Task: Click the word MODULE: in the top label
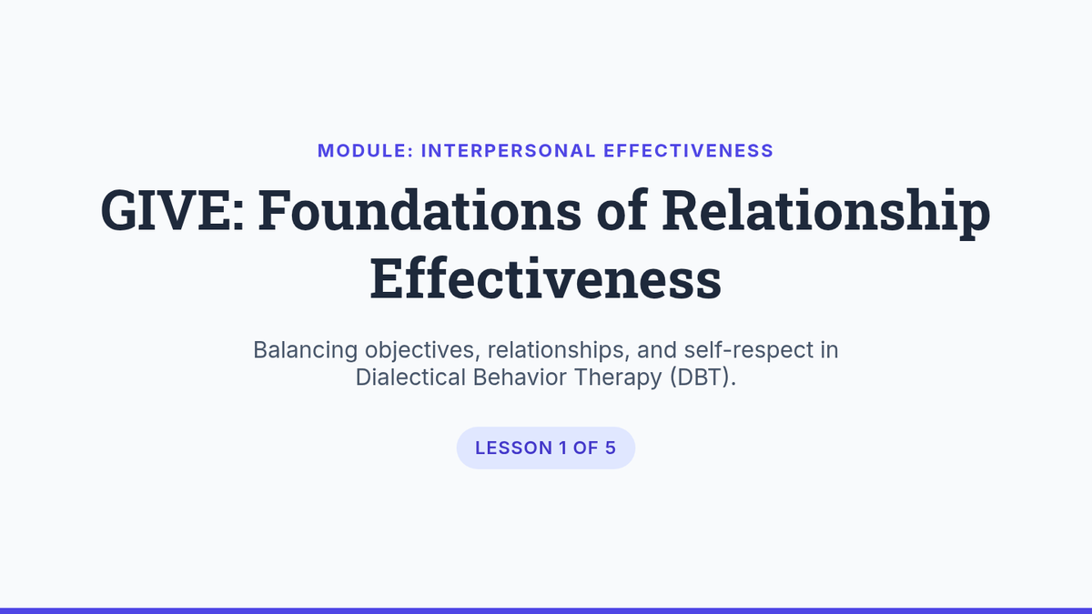(x=366, y=151)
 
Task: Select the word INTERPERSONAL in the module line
(x=509, y=151)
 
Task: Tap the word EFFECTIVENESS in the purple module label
(x=688, y=151)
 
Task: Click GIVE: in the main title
(x=172, y=210)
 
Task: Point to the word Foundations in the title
(x=420, y=210)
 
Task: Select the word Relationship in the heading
(x=826, y=214)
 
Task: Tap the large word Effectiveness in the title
(x=545, y=278)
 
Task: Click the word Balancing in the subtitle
(x=305, y=350)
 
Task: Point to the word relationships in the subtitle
(x=559, y=350)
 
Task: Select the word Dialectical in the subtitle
(x=410, y=377)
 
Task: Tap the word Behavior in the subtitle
(x=520, y=377)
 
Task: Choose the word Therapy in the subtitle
(x=618, y=378)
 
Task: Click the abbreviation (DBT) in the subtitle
(x=703, y=377)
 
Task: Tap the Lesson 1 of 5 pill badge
(x=545, y=448)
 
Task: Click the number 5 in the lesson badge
(x=611, y=448)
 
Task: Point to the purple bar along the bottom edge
(x=546, y=610)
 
